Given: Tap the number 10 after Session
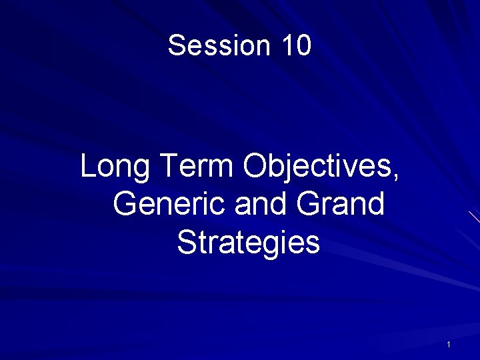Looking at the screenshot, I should (297, 46).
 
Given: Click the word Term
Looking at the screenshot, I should (197, 167).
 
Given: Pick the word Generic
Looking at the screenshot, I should (170, 204).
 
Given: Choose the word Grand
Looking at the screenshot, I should (341, 204).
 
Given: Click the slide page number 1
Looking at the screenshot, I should (449, 345).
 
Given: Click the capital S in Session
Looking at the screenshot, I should (177, 46).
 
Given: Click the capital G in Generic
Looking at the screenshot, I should (126, 204).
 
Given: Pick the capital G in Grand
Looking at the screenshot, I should (309, 204).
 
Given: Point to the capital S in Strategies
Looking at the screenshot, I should (187, 243).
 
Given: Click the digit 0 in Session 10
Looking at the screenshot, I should (304, 46).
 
